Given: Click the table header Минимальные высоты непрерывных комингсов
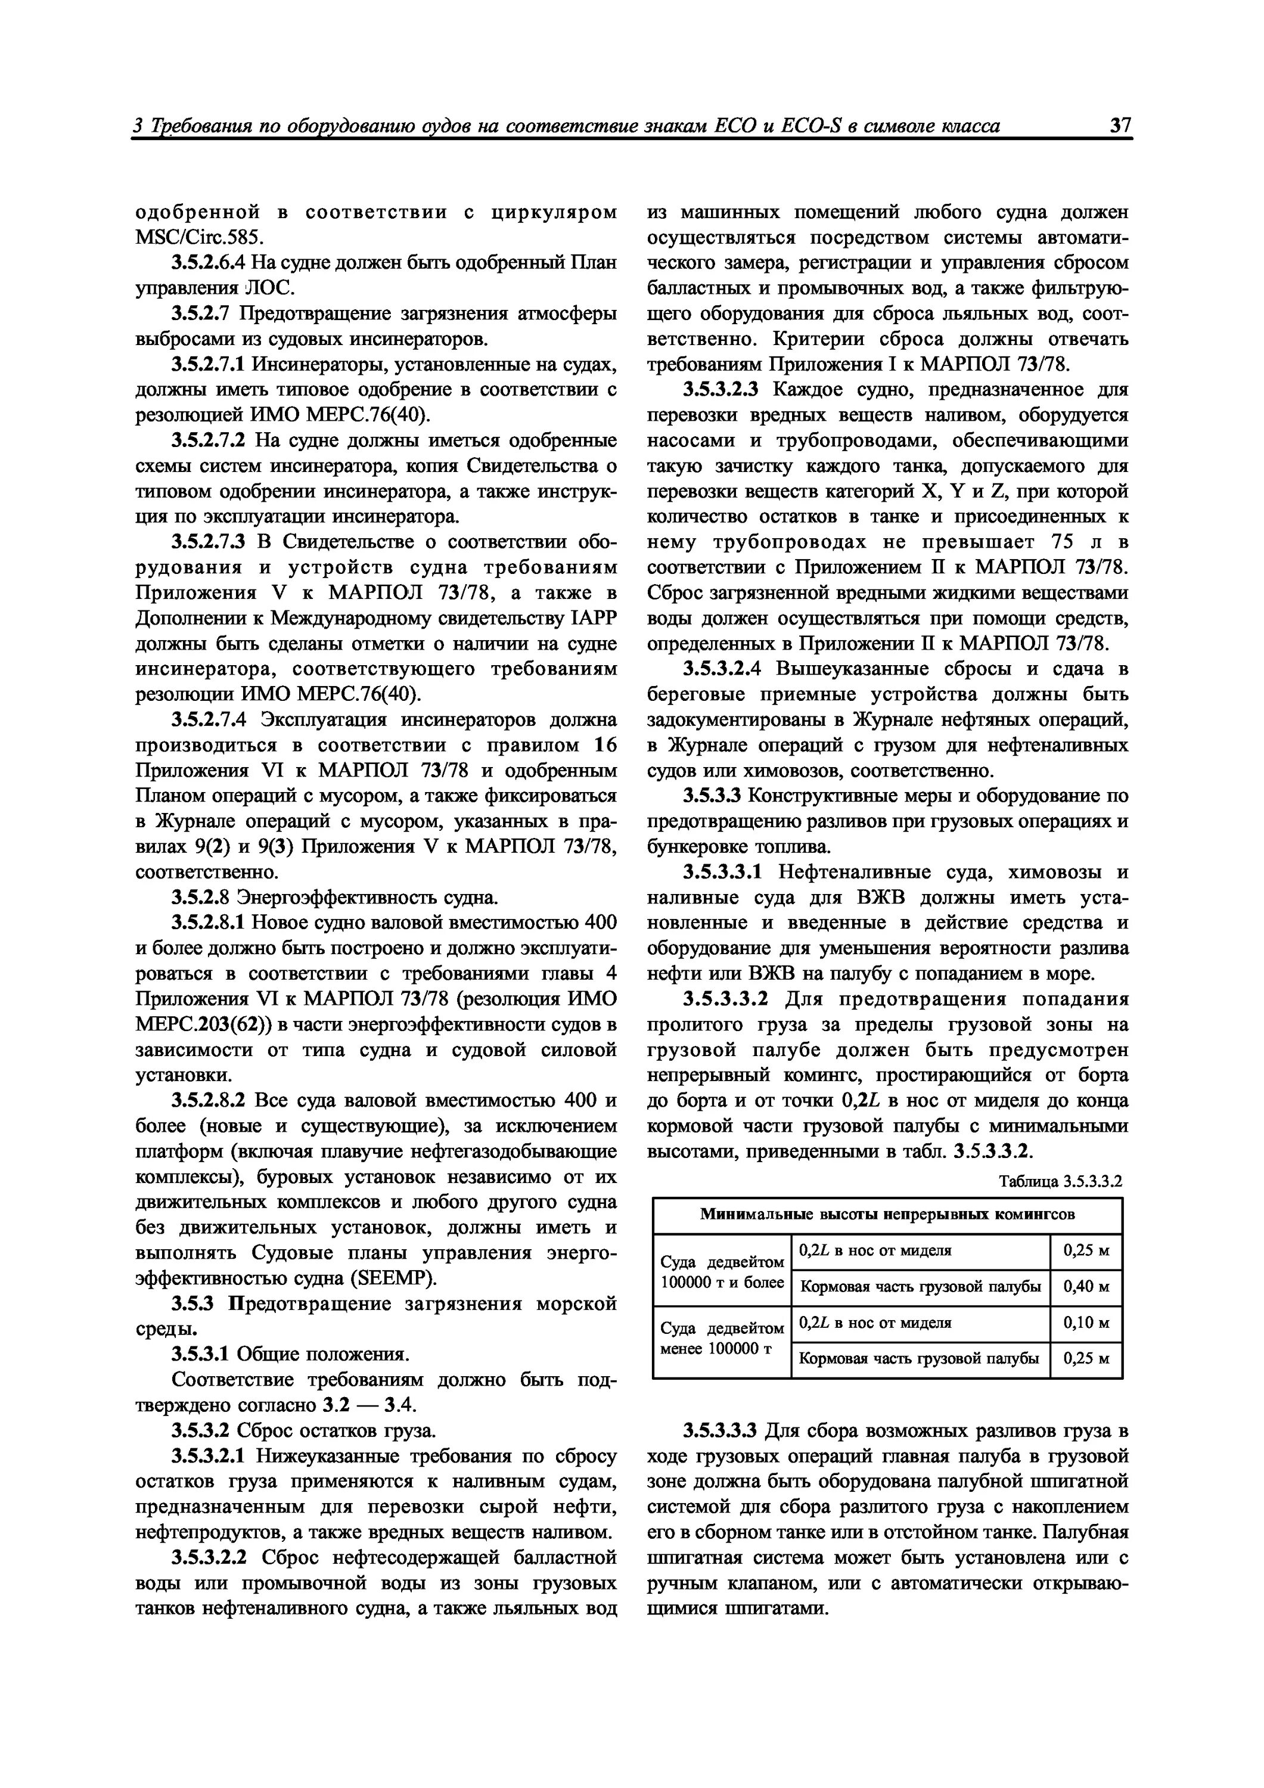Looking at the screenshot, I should point(887,1215).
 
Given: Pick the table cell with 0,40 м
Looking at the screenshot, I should point(1086,1287).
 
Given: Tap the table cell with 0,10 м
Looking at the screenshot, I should point(1086,1323).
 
